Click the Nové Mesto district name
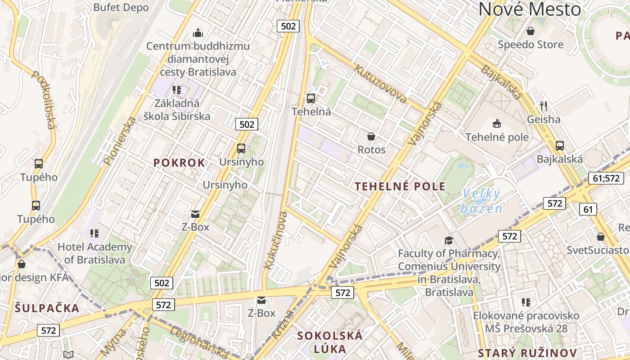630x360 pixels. pyautogui.click(x=530, y=9)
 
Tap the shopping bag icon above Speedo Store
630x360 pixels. pyautogui.click(x=531, y=31)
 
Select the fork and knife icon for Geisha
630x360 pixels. pyautogui.click(x=544, y=106)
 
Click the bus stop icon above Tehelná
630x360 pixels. pyautogui.click(x=310, y=98)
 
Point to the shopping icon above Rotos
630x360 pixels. pyautogui.click(x=371, y=136)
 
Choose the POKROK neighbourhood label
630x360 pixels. pyautogui.click(x=179, y=163)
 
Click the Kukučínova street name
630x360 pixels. pyautogui.click(x=275, y=240)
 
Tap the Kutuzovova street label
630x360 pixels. pyautogui.click(x=381, y=84)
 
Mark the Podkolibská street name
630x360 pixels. pyautogui.click(x=44, y=99)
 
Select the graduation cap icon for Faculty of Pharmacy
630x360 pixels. pyautogui.click(x=448, y=240)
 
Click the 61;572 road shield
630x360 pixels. pyautogui.click(x=605, y=178)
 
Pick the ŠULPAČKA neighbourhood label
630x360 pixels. pyautogui.click(x=47, y=308)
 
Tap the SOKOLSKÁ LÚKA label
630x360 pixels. pyautogui.click(x=329, y=342)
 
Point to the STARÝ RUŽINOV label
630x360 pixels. pyautogui.click(x=527, y=353)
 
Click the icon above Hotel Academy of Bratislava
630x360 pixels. pyautogui.click(x=94, y=233)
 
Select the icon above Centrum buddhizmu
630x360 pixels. pyautogui.click(x=198, y=33)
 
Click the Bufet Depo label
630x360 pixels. pyautogui.click(x=121, y=7)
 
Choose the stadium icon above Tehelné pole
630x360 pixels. pyautogui.click(x=497, y=123)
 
